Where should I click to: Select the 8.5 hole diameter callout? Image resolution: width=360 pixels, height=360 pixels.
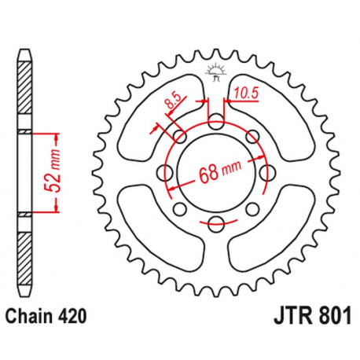(171, 102)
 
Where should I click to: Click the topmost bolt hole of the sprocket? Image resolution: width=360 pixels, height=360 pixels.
(215, 119)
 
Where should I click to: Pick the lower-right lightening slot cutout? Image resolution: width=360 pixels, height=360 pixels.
(267, 236)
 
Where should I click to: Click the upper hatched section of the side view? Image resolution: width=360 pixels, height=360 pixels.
(25, 90)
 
